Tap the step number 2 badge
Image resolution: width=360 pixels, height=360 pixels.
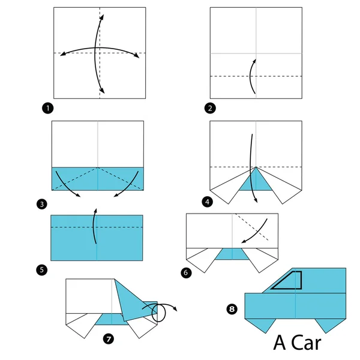(209, 108)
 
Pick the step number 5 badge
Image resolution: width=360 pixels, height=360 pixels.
(41, 270)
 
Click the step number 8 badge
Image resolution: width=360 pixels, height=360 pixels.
(232, 309)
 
